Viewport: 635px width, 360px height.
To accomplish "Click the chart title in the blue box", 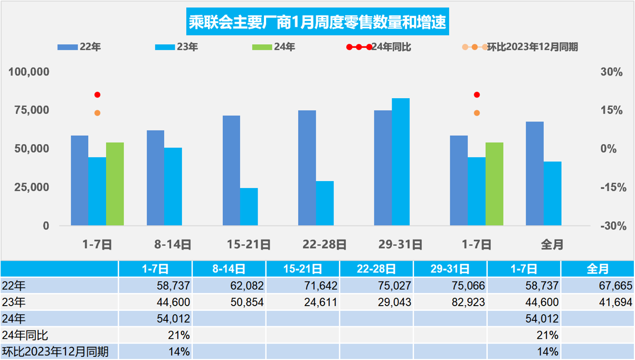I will [317, 23].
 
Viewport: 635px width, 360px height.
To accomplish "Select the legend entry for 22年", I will [79, 47].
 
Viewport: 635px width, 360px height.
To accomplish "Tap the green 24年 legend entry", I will [274, 47].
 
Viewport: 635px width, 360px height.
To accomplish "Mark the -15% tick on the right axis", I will [613, 187].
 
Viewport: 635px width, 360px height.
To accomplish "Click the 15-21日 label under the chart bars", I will [249, 244].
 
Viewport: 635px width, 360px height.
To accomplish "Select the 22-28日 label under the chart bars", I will [325, 244].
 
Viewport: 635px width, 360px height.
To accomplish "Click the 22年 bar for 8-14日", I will [155, 178].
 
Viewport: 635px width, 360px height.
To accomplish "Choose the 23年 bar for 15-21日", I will [249, 206].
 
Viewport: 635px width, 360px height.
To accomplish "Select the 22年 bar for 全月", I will [535, 174].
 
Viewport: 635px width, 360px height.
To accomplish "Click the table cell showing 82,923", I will [450, 302].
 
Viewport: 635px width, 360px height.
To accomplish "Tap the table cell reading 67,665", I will [597, 286].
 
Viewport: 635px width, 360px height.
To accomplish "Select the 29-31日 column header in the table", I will [450, 269].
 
